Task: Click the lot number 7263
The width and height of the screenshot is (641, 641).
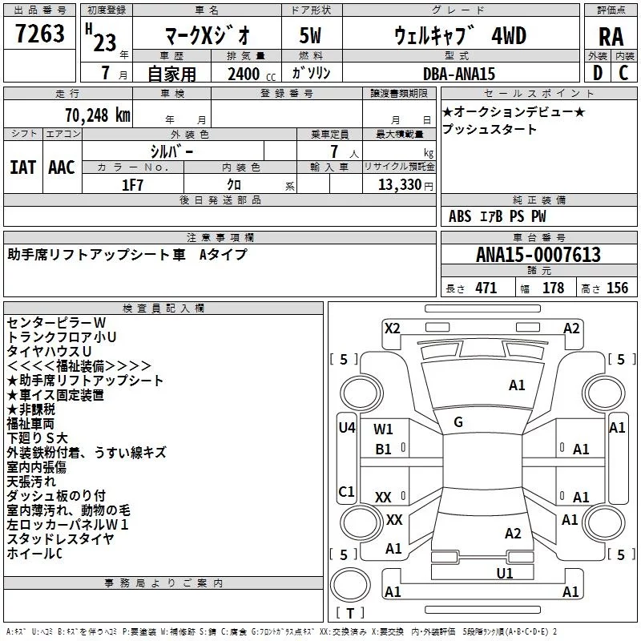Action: click(x=40, y=34)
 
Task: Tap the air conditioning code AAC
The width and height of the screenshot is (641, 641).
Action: click(x=62, y=167)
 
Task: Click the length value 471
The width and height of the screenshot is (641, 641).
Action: click(x=485, y=288)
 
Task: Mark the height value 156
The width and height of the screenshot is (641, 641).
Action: click(x=617, y=288)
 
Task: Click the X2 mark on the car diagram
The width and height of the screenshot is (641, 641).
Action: click(x=392, y=328)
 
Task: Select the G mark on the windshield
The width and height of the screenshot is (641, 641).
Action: click(x=458, y=422)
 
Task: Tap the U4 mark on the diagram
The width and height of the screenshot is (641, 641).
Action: click(x=346, y=427)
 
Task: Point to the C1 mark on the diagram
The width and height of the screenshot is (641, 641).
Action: click(x=346, y=491)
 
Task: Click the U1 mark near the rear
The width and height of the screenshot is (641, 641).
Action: click(x=505, y=573)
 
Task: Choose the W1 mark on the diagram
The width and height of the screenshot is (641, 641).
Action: click(x=384, y=429)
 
